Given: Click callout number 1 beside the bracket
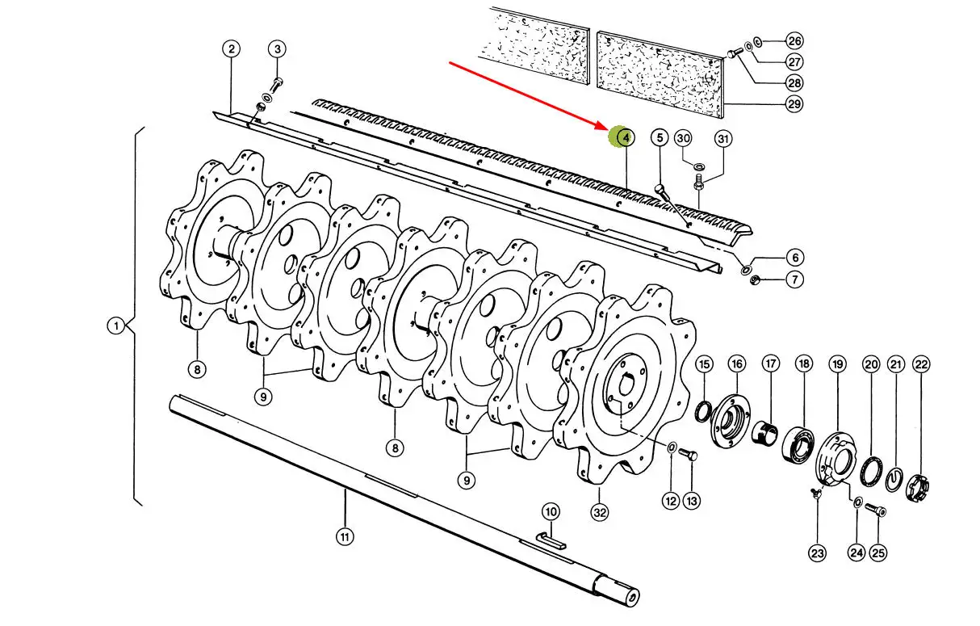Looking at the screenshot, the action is (x=116, y=326).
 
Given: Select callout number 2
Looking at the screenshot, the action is (x=231, y=48).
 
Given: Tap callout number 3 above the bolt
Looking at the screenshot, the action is (x=277, y=49).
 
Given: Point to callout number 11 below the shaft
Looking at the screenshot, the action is (x=345, y=536).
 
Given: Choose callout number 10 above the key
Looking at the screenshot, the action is (x=551, y=511).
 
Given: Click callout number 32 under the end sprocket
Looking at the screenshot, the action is (x=599, y=512).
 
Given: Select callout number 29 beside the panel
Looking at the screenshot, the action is (x=794, y=104).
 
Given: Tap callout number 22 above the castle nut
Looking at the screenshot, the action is (x=921, y=364).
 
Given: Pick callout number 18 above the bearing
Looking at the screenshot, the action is (x=804, y=363).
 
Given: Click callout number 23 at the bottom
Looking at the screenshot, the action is (x=817, y=553).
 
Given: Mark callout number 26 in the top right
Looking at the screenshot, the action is (x=794, y=41).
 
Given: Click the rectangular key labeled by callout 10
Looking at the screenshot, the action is (x=551, y=540).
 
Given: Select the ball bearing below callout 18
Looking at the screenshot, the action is (x=798, y=444).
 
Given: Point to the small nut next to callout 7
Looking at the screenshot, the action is (x=754, y=279).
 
